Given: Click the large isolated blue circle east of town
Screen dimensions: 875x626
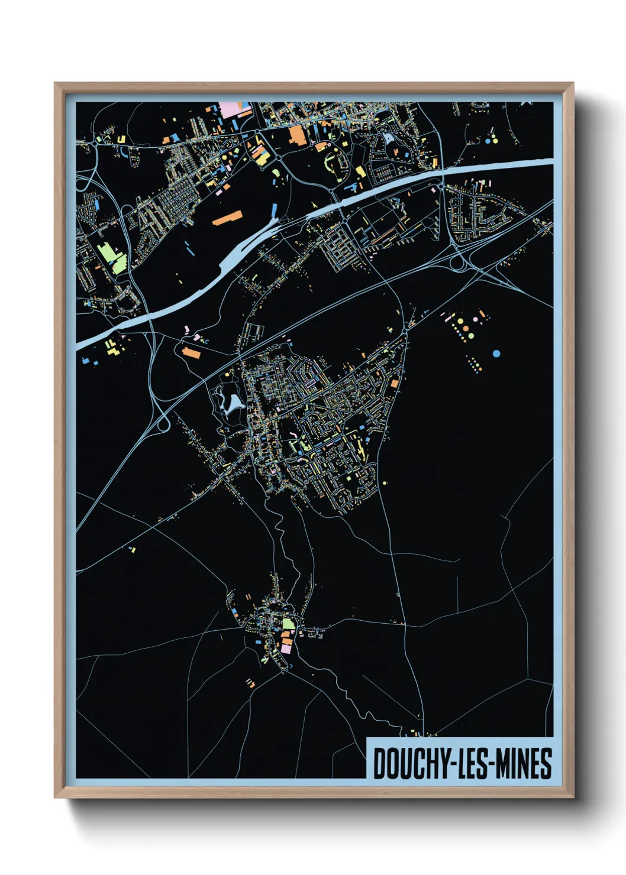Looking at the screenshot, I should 496,354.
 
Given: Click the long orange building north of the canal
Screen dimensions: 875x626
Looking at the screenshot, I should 227,218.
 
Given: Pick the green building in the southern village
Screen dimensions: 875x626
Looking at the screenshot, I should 288,624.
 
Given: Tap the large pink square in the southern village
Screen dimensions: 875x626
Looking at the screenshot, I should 286,649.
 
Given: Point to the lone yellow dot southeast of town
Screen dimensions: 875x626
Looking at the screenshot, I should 385,483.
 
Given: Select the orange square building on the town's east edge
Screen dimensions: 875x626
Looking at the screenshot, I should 395,384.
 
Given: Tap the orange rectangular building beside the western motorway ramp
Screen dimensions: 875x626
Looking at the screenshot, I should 191,354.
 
